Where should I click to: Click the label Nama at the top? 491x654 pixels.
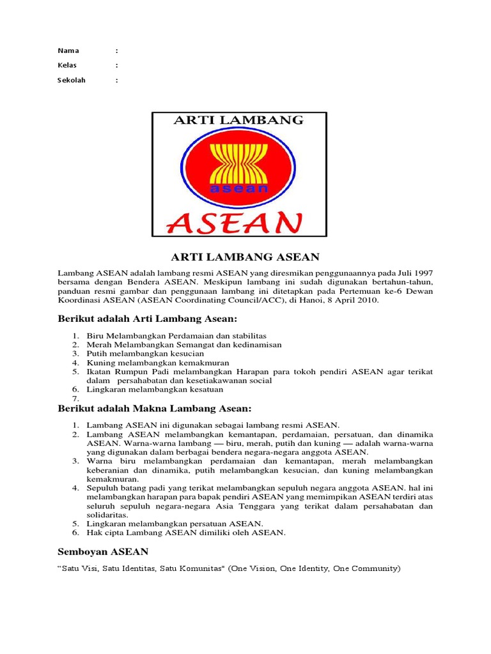click(68, 50)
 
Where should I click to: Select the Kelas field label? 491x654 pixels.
click(68, 65)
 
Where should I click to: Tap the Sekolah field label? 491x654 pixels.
click(72, 80)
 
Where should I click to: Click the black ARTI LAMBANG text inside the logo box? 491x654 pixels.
click(238, 120)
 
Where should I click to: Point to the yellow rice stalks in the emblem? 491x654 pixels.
click(238, 160)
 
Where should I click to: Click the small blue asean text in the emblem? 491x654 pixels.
click(238, 188)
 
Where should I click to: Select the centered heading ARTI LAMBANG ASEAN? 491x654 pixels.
click(245, 257)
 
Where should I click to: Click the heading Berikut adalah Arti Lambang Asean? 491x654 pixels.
click(148, 319)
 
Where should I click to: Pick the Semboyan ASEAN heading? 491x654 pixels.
click(103, 551)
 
